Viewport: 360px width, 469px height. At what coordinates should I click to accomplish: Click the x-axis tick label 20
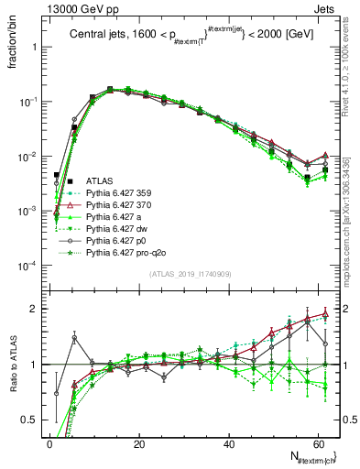(x=138, y=442)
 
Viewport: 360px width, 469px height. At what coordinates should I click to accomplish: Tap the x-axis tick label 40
(x=227, y=442)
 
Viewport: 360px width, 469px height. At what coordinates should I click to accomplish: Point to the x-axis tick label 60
(x=316, y=442)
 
